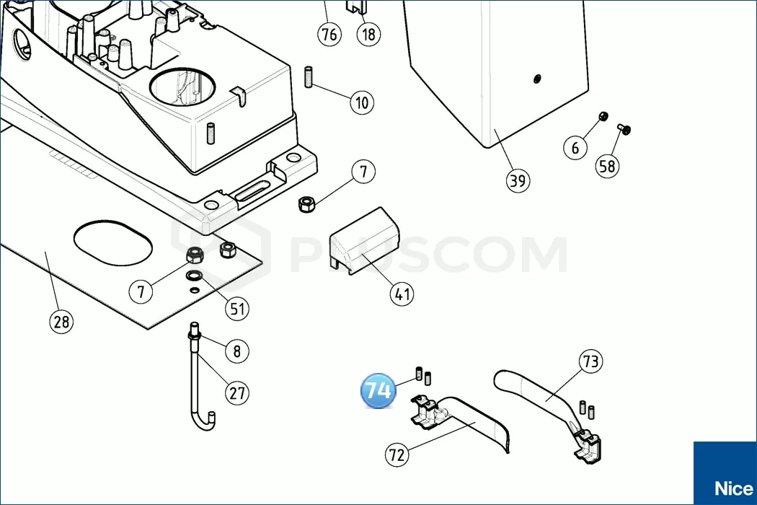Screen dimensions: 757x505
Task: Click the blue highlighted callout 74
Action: coord(378,390)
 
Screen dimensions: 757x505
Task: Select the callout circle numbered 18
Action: coord(368,35)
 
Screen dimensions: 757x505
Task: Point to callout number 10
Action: coord(362,102)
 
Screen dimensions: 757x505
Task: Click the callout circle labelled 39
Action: coord(518,181)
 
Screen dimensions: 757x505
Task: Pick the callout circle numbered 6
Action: coord(575,147)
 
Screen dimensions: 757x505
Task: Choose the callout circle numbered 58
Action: coord(607,166)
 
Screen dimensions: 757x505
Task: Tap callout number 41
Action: coord(402,294)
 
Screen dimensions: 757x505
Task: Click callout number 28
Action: coord(61,321)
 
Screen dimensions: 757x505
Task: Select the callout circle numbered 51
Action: coord(237,308)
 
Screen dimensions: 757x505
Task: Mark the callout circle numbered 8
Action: coord(237,351)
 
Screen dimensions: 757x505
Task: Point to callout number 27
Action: coord(237,393)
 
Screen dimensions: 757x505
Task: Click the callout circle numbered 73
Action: coord(591,361)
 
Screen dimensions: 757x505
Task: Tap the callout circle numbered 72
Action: coord(397,454)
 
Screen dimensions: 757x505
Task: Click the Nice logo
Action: coord(733,488)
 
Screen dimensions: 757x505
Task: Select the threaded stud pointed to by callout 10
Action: coord(309,77)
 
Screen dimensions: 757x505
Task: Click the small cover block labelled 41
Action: coord(365,240)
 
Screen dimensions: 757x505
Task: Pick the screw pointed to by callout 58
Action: coord(624,129)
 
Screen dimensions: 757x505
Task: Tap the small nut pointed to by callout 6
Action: coord(603,116)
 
